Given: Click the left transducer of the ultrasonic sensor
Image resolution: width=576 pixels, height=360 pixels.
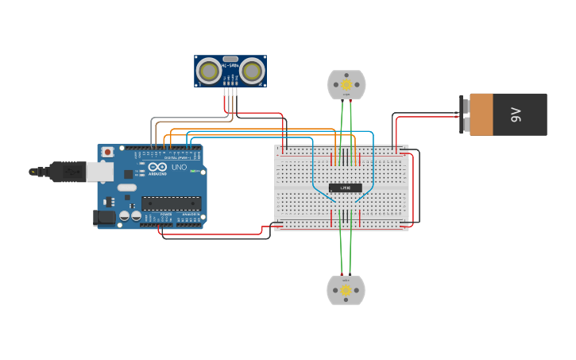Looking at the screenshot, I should click(x=209, y=72).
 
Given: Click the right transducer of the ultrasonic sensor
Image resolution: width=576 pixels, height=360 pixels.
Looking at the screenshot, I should click(x=252, y=72).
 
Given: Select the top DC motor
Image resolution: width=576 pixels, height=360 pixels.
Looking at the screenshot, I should click(x=346, y=85).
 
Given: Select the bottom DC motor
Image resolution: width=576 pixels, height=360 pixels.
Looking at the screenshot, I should click(x=346, y=290).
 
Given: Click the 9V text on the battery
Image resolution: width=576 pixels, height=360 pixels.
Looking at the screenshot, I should click(x=515, y=114).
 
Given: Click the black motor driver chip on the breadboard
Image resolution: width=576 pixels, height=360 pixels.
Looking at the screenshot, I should click(x=345, y=188).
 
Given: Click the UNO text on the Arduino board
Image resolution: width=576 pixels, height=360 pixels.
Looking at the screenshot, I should click(x=179, y=168).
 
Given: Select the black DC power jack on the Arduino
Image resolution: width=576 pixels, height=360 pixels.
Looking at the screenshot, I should click(x=104, y=217).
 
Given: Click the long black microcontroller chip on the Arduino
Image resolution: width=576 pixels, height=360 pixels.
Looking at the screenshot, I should click(x=171, y=203).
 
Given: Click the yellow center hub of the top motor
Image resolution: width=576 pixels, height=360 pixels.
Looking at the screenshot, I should click(x=346, y=84).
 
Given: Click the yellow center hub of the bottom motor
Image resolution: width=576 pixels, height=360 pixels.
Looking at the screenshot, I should click(x=346, y=291).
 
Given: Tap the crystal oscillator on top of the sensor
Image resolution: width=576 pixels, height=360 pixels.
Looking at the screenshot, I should click(x=230, y=59).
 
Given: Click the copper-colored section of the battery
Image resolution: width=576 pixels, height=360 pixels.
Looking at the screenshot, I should click(x=481, y=114).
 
